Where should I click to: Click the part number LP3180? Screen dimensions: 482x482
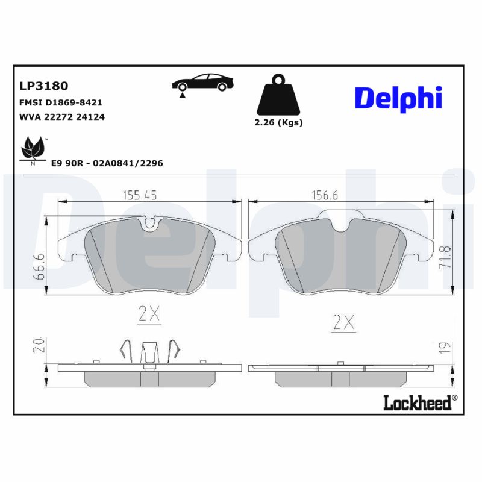click(x=44, y=86)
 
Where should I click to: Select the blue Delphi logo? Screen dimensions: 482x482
click(x=398, y=98)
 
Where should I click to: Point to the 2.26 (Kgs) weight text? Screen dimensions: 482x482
click(x=278, y=122)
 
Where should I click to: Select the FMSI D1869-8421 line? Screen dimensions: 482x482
click(x=61, y=102)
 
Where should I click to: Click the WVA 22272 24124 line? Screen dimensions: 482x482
click(x=63, y=117)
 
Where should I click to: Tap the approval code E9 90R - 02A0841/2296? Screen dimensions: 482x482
click(x=107, y=163)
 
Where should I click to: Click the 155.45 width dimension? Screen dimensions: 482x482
click(x=140, y=195)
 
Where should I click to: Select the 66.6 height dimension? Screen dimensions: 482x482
click(x=39, y=267)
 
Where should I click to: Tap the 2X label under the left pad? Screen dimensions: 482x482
click(x=148, y=313)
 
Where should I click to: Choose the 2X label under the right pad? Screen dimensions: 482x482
click(x=343, y=322)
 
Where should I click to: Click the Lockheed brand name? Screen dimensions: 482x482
click(x=417, y=403)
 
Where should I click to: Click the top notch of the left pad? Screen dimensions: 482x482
click(x=149, y=222)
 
